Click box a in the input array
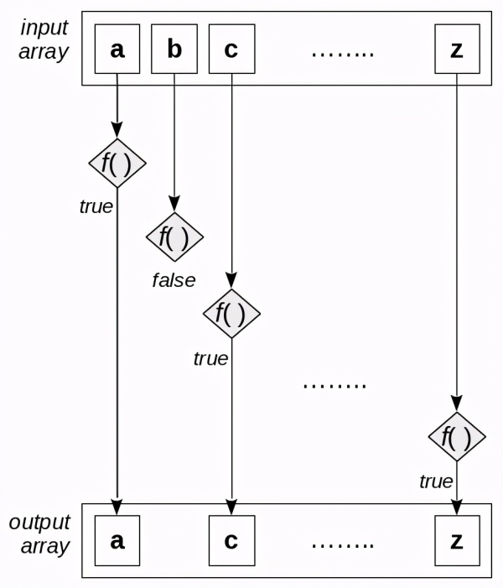tap(117, 49)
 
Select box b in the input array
tap(174, 49)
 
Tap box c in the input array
tap(231, 49)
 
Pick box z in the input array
tap(457, 49)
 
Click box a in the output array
tap(117, 540)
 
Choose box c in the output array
tap(231, 540)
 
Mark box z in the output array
tap(457, 540)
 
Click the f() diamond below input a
tap(117, 164)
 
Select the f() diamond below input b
tap(174, 237)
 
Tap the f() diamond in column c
tap(231, 313)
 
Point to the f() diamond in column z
tap(457, 437)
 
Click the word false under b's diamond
tap(174, 280)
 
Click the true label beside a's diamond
tap(96, 206)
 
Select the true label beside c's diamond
tap(210, 359)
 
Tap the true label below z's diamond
tap(436, 481)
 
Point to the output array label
tap(39, 533)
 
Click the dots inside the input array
tap(342, 53)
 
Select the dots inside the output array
tap(342, 544)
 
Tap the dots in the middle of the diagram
tap(334, 386)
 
